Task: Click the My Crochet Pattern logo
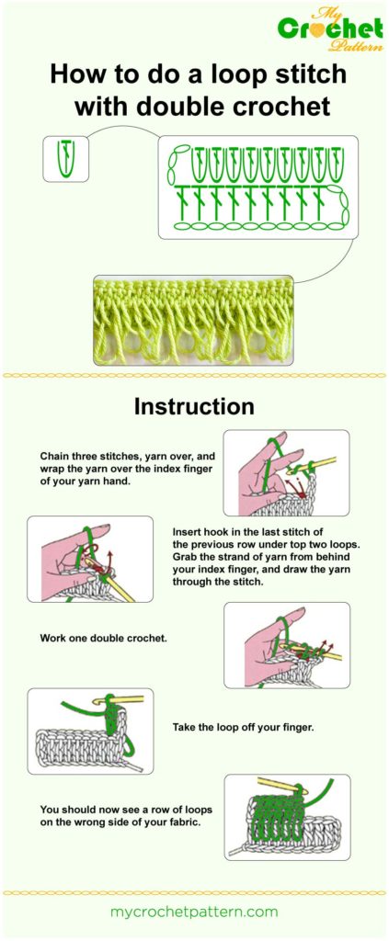tap(330, 27)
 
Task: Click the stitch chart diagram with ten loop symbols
tap(254, 188)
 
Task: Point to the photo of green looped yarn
tap(193, 321)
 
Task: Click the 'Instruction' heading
tap(194, 405)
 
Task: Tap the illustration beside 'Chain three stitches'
tap(286, 472)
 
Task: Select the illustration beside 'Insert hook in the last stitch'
tap(90, 559)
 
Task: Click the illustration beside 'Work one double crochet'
tap(286, 645)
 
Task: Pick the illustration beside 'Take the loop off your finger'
tap(90, 731)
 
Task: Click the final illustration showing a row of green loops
tap(286, 817)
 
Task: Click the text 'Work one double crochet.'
tap(103, 637)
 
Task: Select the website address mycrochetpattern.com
tap(194, 912)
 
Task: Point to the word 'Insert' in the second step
tap(189, 532)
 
